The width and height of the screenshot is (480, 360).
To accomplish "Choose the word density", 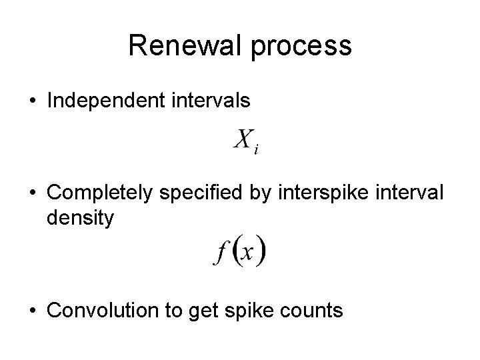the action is pyautogui.click(x=81, y=218).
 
